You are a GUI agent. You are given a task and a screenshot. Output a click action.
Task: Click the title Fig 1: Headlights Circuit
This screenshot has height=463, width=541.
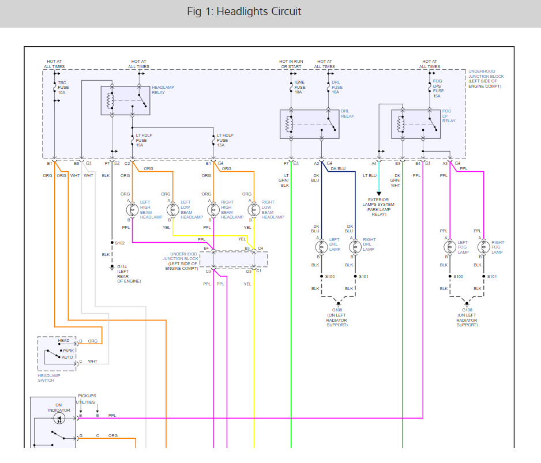coord(244,12)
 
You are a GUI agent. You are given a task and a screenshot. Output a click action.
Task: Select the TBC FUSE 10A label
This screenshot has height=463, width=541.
coord(62,87)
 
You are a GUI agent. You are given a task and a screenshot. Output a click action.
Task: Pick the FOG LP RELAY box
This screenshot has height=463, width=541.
coord(415,124)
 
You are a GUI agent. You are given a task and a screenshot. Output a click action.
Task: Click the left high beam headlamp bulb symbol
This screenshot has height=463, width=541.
coord(129,209)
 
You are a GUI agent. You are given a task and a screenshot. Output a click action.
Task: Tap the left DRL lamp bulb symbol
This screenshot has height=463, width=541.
coord(321,247)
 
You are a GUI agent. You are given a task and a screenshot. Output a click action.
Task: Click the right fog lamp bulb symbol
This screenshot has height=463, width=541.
coord(483,247)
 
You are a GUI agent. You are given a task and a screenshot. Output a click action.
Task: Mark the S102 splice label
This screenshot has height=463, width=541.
coord(120,243)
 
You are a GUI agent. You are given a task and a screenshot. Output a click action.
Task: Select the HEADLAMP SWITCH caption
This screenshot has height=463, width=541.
coord(46,378)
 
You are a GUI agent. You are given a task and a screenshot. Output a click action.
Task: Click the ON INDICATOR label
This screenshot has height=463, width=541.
coord(63,408)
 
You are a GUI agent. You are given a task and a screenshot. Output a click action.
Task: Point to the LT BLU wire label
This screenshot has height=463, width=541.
coord(369,175)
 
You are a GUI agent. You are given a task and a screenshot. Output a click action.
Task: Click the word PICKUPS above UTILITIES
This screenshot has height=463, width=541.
coord(87,396)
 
